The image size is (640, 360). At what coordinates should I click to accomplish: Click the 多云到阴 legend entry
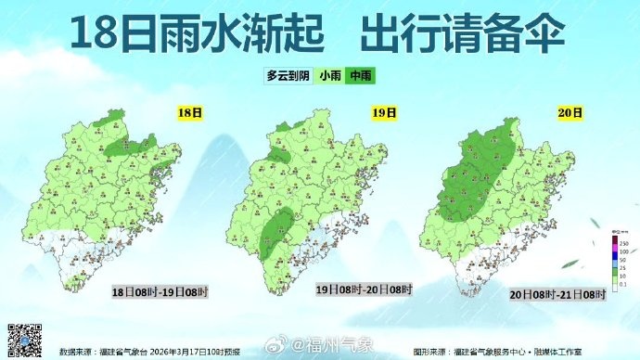coord(288,77)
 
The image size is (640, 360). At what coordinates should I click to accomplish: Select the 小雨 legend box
coord(329,77)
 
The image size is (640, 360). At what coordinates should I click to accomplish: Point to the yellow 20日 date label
coord(571,113)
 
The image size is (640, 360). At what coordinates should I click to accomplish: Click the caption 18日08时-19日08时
coord(160,290)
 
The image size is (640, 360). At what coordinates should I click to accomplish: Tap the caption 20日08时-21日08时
coord(554,294)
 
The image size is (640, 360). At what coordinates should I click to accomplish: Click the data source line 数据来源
coord(148,352)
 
